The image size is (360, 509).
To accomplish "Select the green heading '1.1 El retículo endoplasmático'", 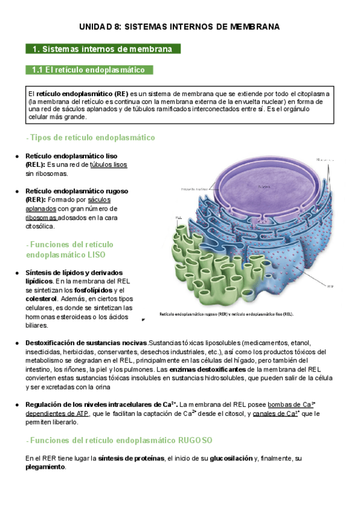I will tap(89, 70).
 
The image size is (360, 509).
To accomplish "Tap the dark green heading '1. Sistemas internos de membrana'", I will tap(103, 49).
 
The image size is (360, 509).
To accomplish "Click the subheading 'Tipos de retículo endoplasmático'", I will tap(92, 137).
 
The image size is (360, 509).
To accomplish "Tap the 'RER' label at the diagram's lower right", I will tap(329, 286).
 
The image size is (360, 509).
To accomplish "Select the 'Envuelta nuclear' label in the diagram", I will tap(194, 189).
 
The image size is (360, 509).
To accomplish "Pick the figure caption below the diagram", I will tap(226, 314).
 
